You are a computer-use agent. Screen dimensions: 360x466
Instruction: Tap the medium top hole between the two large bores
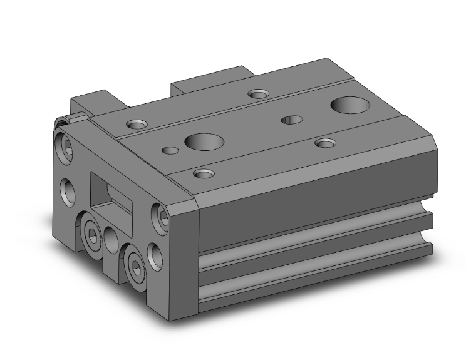click(290, 120)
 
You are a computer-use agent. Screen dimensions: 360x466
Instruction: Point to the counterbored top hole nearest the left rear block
click(136, 123)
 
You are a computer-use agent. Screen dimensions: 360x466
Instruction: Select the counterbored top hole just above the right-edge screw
click(202, 173)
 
